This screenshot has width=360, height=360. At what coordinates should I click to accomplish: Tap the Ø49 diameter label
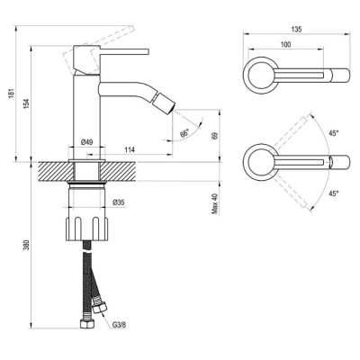click(88, 142)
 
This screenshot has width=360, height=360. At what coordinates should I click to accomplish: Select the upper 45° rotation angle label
click(334, 133)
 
